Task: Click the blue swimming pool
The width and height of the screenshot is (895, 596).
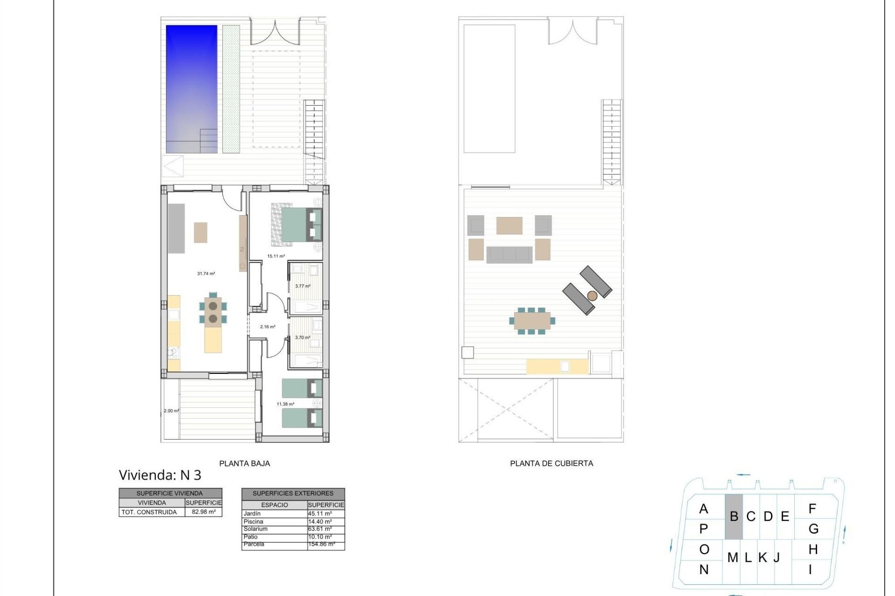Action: click(192, 88)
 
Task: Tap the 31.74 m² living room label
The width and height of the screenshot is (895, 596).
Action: click(206, 274)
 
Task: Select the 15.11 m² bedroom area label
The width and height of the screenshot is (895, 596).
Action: click(276, 256)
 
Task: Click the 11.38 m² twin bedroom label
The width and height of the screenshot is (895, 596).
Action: click(285, 404)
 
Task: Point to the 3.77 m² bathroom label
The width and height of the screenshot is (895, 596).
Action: click(303, 286)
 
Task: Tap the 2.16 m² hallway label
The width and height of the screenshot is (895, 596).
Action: click(268, 327)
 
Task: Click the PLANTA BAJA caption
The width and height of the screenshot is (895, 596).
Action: click(244, 463)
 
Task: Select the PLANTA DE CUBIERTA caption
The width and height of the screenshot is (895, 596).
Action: click(551, 463)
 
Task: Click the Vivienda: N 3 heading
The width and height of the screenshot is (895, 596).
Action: click(160, 475)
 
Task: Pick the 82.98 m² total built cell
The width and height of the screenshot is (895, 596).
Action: click(204, 512)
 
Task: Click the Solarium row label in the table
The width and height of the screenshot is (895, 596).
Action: click(255, 529)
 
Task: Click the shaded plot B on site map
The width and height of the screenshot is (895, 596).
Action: click(733, 516)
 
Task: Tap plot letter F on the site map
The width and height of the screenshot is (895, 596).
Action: click(812, 509)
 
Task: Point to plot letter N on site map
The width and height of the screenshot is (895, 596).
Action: click(704, 569)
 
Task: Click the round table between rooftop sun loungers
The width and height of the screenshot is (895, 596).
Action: click(592, 296)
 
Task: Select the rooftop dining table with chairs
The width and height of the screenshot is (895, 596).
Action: click(532, 321)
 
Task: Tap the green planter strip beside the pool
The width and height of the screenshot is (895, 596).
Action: click(231, 88)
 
